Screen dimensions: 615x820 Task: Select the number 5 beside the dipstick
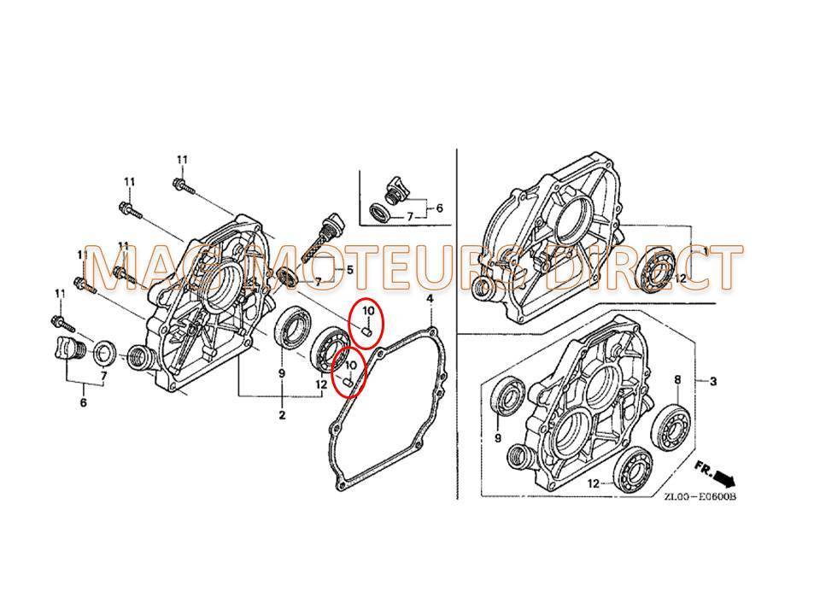pos(349,270)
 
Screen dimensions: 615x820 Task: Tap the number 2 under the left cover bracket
pos(281,415)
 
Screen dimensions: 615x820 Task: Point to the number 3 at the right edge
pos(713,381)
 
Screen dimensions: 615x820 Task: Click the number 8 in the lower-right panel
pos(677,379)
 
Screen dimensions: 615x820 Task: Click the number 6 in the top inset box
pos(440,207)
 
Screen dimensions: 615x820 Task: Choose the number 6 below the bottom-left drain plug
pos(82,402)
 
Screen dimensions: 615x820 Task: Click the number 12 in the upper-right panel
pos(681,278)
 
